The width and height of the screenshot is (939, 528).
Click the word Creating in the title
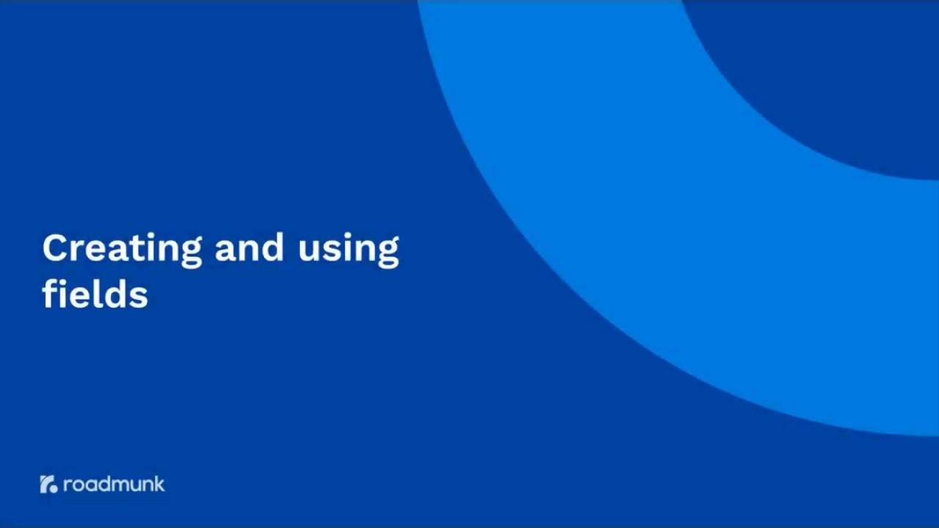click(122, 249)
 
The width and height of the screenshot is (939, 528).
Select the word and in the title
click(249, 249)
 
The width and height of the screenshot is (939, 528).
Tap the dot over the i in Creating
click(153, 235)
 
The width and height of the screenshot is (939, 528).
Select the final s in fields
click(139, 297)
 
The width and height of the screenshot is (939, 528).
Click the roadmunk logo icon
click(48, 484)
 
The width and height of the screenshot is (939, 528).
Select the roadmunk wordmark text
click(114, 484)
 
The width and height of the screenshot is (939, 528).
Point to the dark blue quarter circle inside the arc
click(844, 66)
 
